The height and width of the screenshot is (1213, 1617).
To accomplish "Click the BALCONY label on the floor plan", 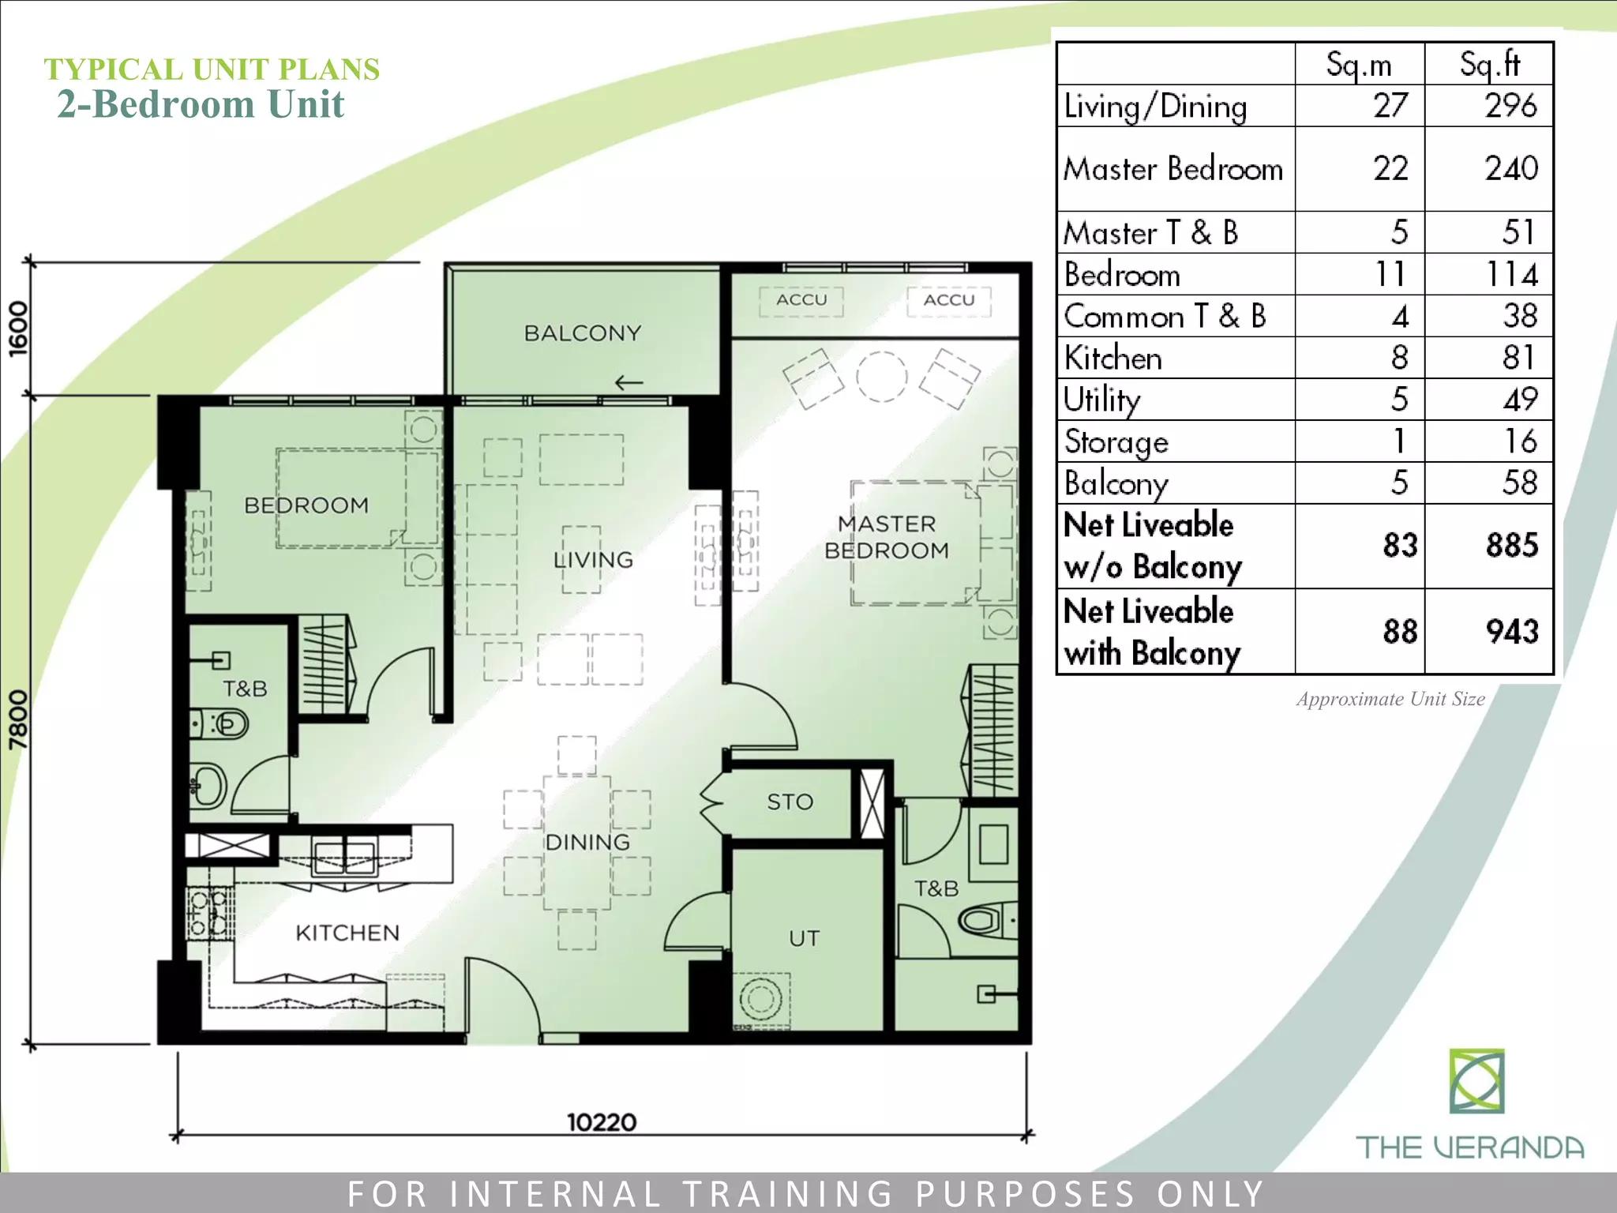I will [x=583, y=333].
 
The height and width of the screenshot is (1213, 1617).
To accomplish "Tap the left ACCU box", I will [x=801, y=300].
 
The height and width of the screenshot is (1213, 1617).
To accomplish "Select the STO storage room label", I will [x=790, y=802].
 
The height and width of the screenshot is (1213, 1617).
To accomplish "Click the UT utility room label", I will [x=804, y=939].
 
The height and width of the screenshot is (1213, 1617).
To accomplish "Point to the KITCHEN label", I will [x=347, y=933].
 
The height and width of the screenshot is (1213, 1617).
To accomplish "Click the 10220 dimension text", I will [x=602, y=1122].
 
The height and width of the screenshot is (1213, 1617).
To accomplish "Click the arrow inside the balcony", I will [x=628, y=383].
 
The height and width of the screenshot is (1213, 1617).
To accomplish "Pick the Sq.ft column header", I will [x=1489, y=64].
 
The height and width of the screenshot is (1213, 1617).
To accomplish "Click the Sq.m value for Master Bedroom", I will [x=1390, y=169].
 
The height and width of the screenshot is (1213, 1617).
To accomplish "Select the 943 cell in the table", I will [x=1511, y=632].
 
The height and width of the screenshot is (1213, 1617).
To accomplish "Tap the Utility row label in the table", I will [x=1102, y=400].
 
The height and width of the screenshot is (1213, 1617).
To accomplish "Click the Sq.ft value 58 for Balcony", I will [x=1519, y=483].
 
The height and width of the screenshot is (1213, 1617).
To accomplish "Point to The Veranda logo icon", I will [x=1476, y=1081].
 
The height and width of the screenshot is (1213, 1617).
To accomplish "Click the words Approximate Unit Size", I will [x=1390, y=699].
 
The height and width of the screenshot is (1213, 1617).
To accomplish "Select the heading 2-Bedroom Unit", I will [x=201, y=104].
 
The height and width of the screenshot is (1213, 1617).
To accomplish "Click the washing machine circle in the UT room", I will [x=760, y=998].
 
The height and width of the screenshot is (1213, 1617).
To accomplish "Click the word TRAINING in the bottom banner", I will [x=789, y=1193].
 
